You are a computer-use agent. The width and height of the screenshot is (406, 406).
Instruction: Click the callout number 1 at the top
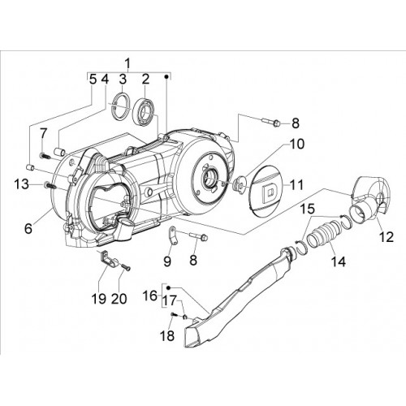click(x=127, y=65)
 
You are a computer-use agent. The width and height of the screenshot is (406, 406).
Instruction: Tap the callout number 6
click(x=28, y=228)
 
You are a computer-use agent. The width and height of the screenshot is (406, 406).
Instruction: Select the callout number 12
click(x=387, y=237)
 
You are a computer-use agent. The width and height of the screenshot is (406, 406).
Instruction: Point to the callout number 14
click(x=339, y=261)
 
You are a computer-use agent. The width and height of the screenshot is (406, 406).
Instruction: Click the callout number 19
click(x=98, y=299)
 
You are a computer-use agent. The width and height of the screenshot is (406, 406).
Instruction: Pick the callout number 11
click(x=296, y=185)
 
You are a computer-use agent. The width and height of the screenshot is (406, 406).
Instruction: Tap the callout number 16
click(x=151, y=296)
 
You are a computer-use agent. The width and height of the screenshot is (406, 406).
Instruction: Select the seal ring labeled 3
click(x=121, y=106)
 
